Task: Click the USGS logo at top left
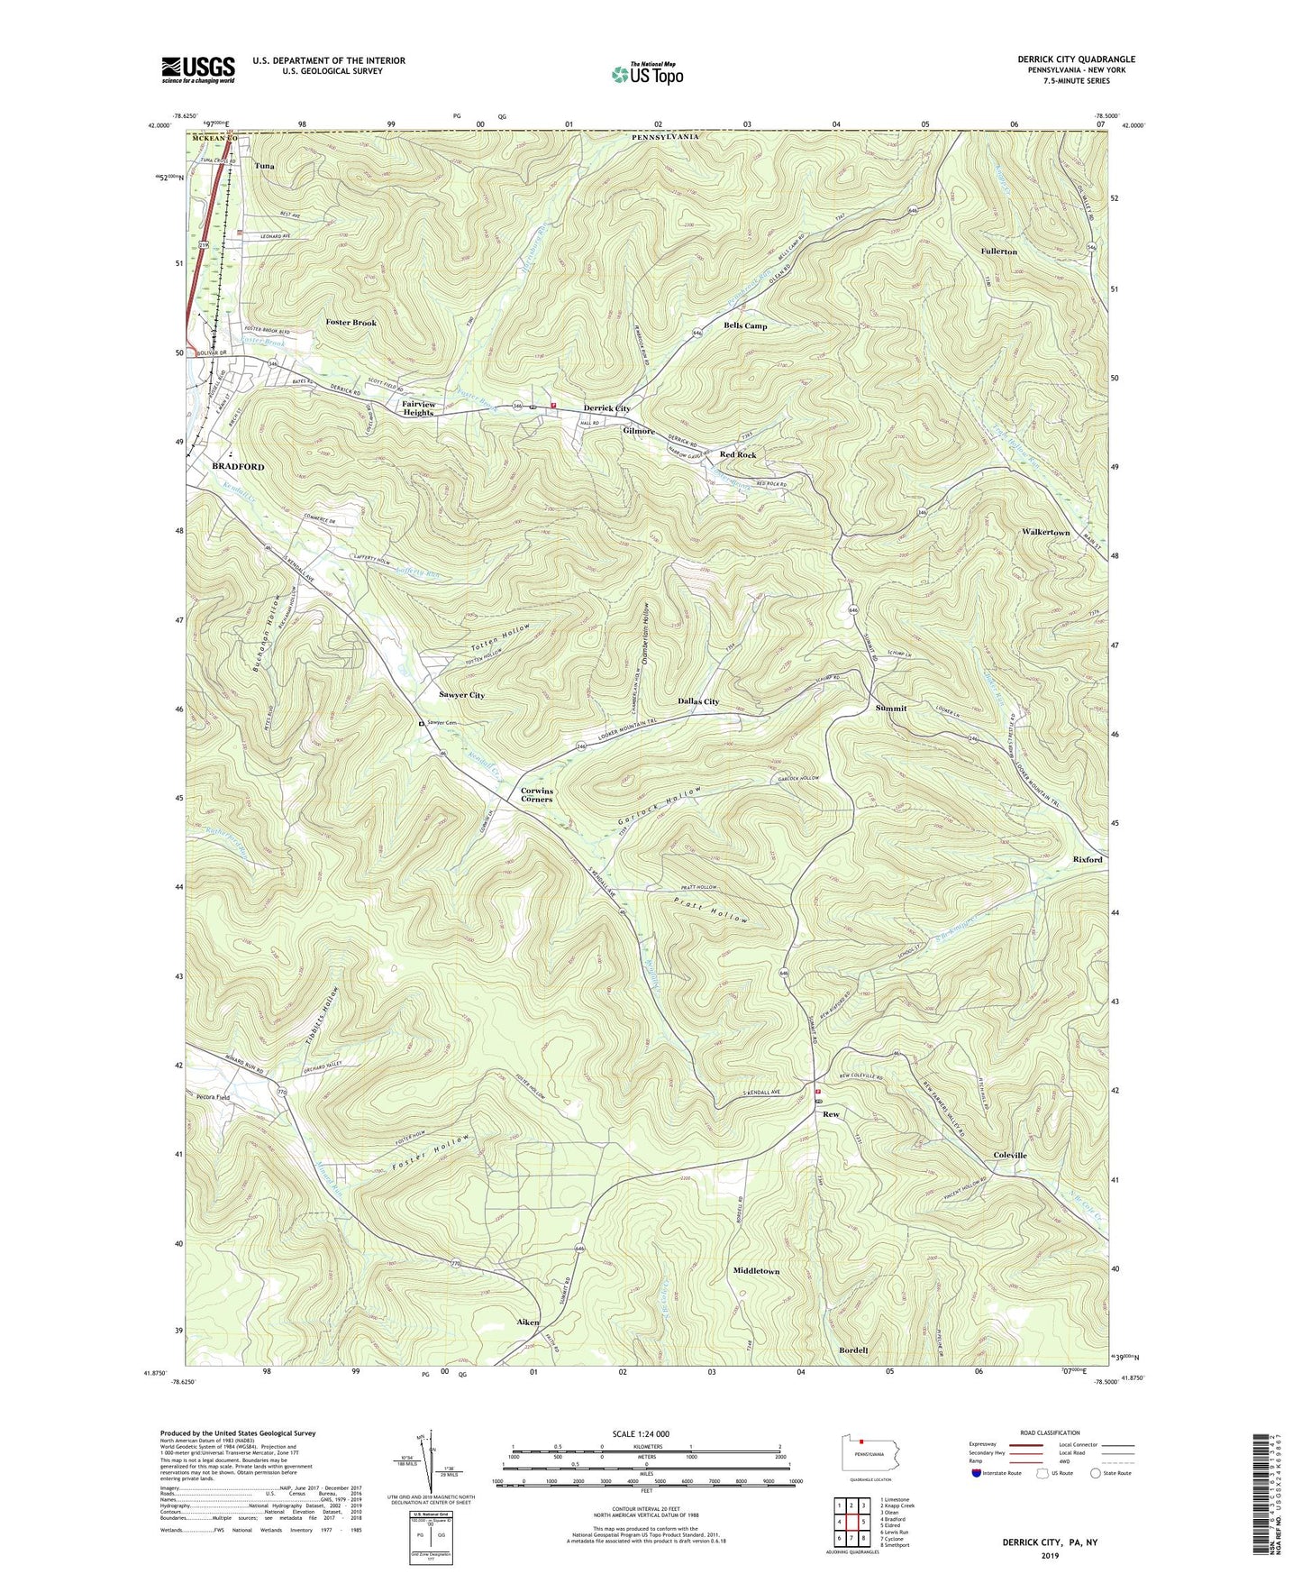coord(198,69)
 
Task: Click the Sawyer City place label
coord(461,695)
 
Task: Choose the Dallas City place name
coord(698,701)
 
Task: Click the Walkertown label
coord(1045,533)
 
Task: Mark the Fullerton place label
coord(998,252)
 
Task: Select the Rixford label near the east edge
coord(1087,859)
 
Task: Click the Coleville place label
coord(1009,1155)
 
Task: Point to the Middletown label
coord(756,1270)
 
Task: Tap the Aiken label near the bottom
coord(527,1322)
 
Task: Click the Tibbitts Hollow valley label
coord(327,1016)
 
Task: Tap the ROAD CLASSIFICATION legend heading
coord(1050,1432)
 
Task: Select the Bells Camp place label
coord(745,325)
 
